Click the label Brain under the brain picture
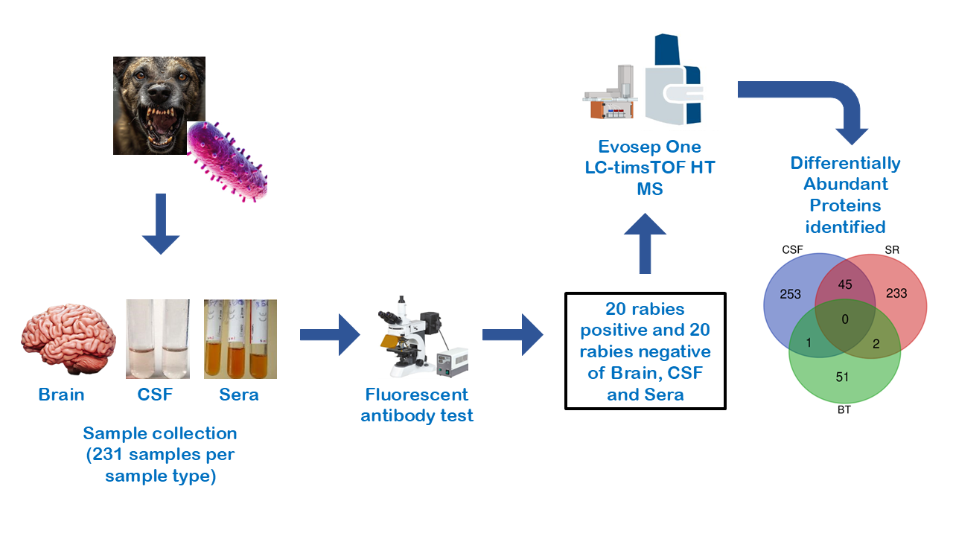click(62, 395)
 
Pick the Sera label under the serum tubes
click(239, 395)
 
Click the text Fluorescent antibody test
click(417, 405)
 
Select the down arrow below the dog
click(160, 224)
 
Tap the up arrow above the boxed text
click(645, 242)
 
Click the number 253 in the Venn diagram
click(790, 294)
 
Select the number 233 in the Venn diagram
click(896, 293)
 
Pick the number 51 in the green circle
click(842, 377)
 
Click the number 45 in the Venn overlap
click(845, 284)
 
